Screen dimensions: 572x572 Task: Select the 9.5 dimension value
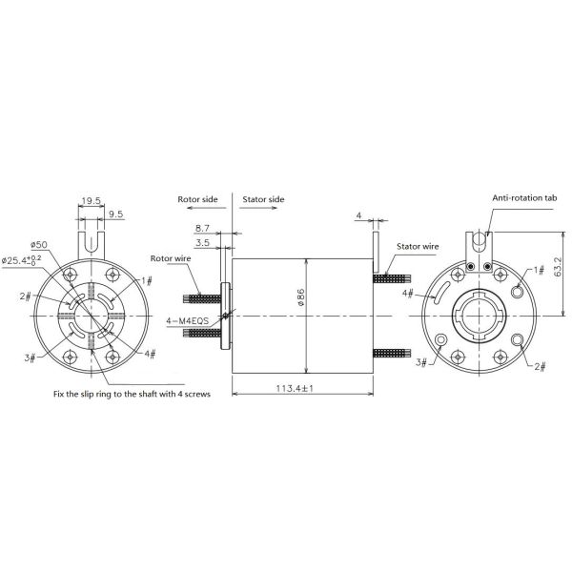click(115, 214)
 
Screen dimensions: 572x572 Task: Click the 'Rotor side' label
click(198, 200)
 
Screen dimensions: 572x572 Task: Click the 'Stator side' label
click(263, 200)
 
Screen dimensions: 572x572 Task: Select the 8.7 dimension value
click(202, 230)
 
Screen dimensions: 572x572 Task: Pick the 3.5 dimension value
click(202, 244)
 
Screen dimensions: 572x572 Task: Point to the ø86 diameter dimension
click(299, 297)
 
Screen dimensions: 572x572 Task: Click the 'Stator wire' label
click(418, 247)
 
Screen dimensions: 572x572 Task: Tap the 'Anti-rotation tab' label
click(524, 198)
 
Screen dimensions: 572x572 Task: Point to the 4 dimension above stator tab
click(358, 215)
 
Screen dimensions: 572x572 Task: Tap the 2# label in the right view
click(540, 366)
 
